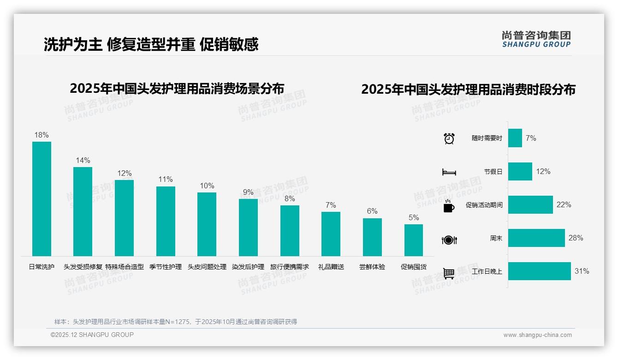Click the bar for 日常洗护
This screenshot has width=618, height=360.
42,199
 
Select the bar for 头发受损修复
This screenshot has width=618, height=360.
83,211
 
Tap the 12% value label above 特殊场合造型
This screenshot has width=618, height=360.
124,174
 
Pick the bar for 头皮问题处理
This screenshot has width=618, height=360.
207,224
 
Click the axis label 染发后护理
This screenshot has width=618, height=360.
248,267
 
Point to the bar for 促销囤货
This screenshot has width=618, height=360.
414,240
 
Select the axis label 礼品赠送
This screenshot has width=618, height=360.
331,267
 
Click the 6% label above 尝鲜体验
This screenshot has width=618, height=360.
372,211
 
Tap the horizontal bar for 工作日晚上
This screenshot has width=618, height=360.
539,271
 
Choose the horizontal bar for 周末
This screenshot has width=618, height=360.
536,238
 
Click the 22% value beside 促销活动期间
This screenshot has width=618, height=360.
564,204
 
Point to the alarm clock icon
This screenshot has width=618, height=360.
449,138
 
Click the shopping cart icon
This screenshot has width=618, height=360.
449,273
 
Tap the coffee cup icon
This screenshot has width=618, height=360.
449,206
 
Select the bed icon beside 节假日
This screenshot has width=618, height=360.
449,172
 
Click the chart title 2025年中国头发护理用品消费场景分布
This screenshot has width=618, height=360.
177,88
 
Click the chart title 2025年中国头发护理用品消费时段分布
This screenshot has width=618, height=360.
468,90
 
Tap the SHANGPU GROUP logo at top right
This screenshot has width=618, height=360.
536,39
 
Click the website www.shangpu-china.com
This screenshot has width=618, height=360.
537,335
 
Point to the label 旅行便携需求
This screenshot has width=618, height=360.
290,267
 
